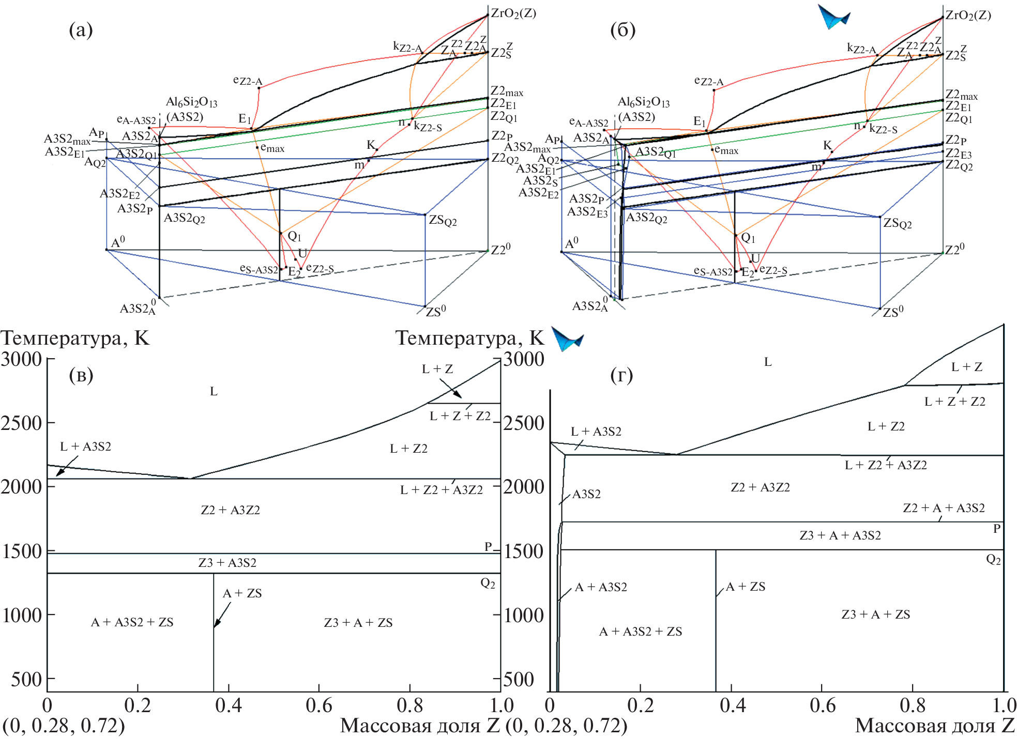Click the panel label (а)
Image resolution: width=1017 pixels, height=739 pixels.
pos(81,30)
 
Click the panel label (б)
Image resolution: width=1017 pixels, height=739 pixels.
pos(623,30)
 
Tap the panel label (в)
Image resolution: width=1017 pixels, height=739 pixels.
pos(81,375)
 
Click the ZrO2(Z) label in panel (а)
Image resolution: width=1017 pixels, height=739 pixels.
pos(513,13)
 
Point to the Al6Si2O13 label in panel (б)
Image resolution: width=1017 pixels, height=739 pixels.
pos(643,102)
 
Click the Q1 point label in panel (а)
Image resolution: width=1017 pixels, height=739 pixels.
pos(294,237)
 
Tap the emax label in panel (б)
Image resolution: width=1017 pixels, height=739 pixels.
pos(726,150)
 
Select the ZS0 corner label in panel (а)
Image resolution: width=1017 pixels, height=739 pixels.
pos(435,312)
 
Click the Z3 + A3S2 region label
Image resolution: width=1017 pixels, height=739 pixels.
pos(227,563)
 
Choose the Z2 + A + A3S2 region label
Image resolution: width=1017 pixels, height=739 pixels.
pos(944,508)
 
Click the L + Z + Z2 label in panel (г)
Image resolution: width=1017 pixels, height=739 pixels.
pos(954,402)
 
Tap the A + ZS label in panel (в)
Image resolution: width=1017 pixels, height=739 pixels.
pos(242,593)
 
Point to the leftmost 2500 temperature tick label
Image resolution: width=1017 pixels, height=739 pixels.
pos(21,423)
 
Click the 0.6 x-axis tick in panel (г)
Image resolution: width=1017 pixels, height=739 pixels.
pos(822,705)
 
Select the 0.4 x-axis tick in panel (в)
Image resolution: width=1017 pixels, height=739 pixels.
pos(228,705)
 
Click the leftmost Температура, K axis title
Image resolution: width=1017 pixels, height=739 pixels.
pos(75,338)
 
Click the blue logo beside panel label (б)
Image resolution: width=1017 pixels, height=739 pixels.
pos(833,17)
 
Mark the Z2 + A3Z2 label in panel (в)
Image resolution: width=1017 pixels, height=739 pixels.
pos(230,510)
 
